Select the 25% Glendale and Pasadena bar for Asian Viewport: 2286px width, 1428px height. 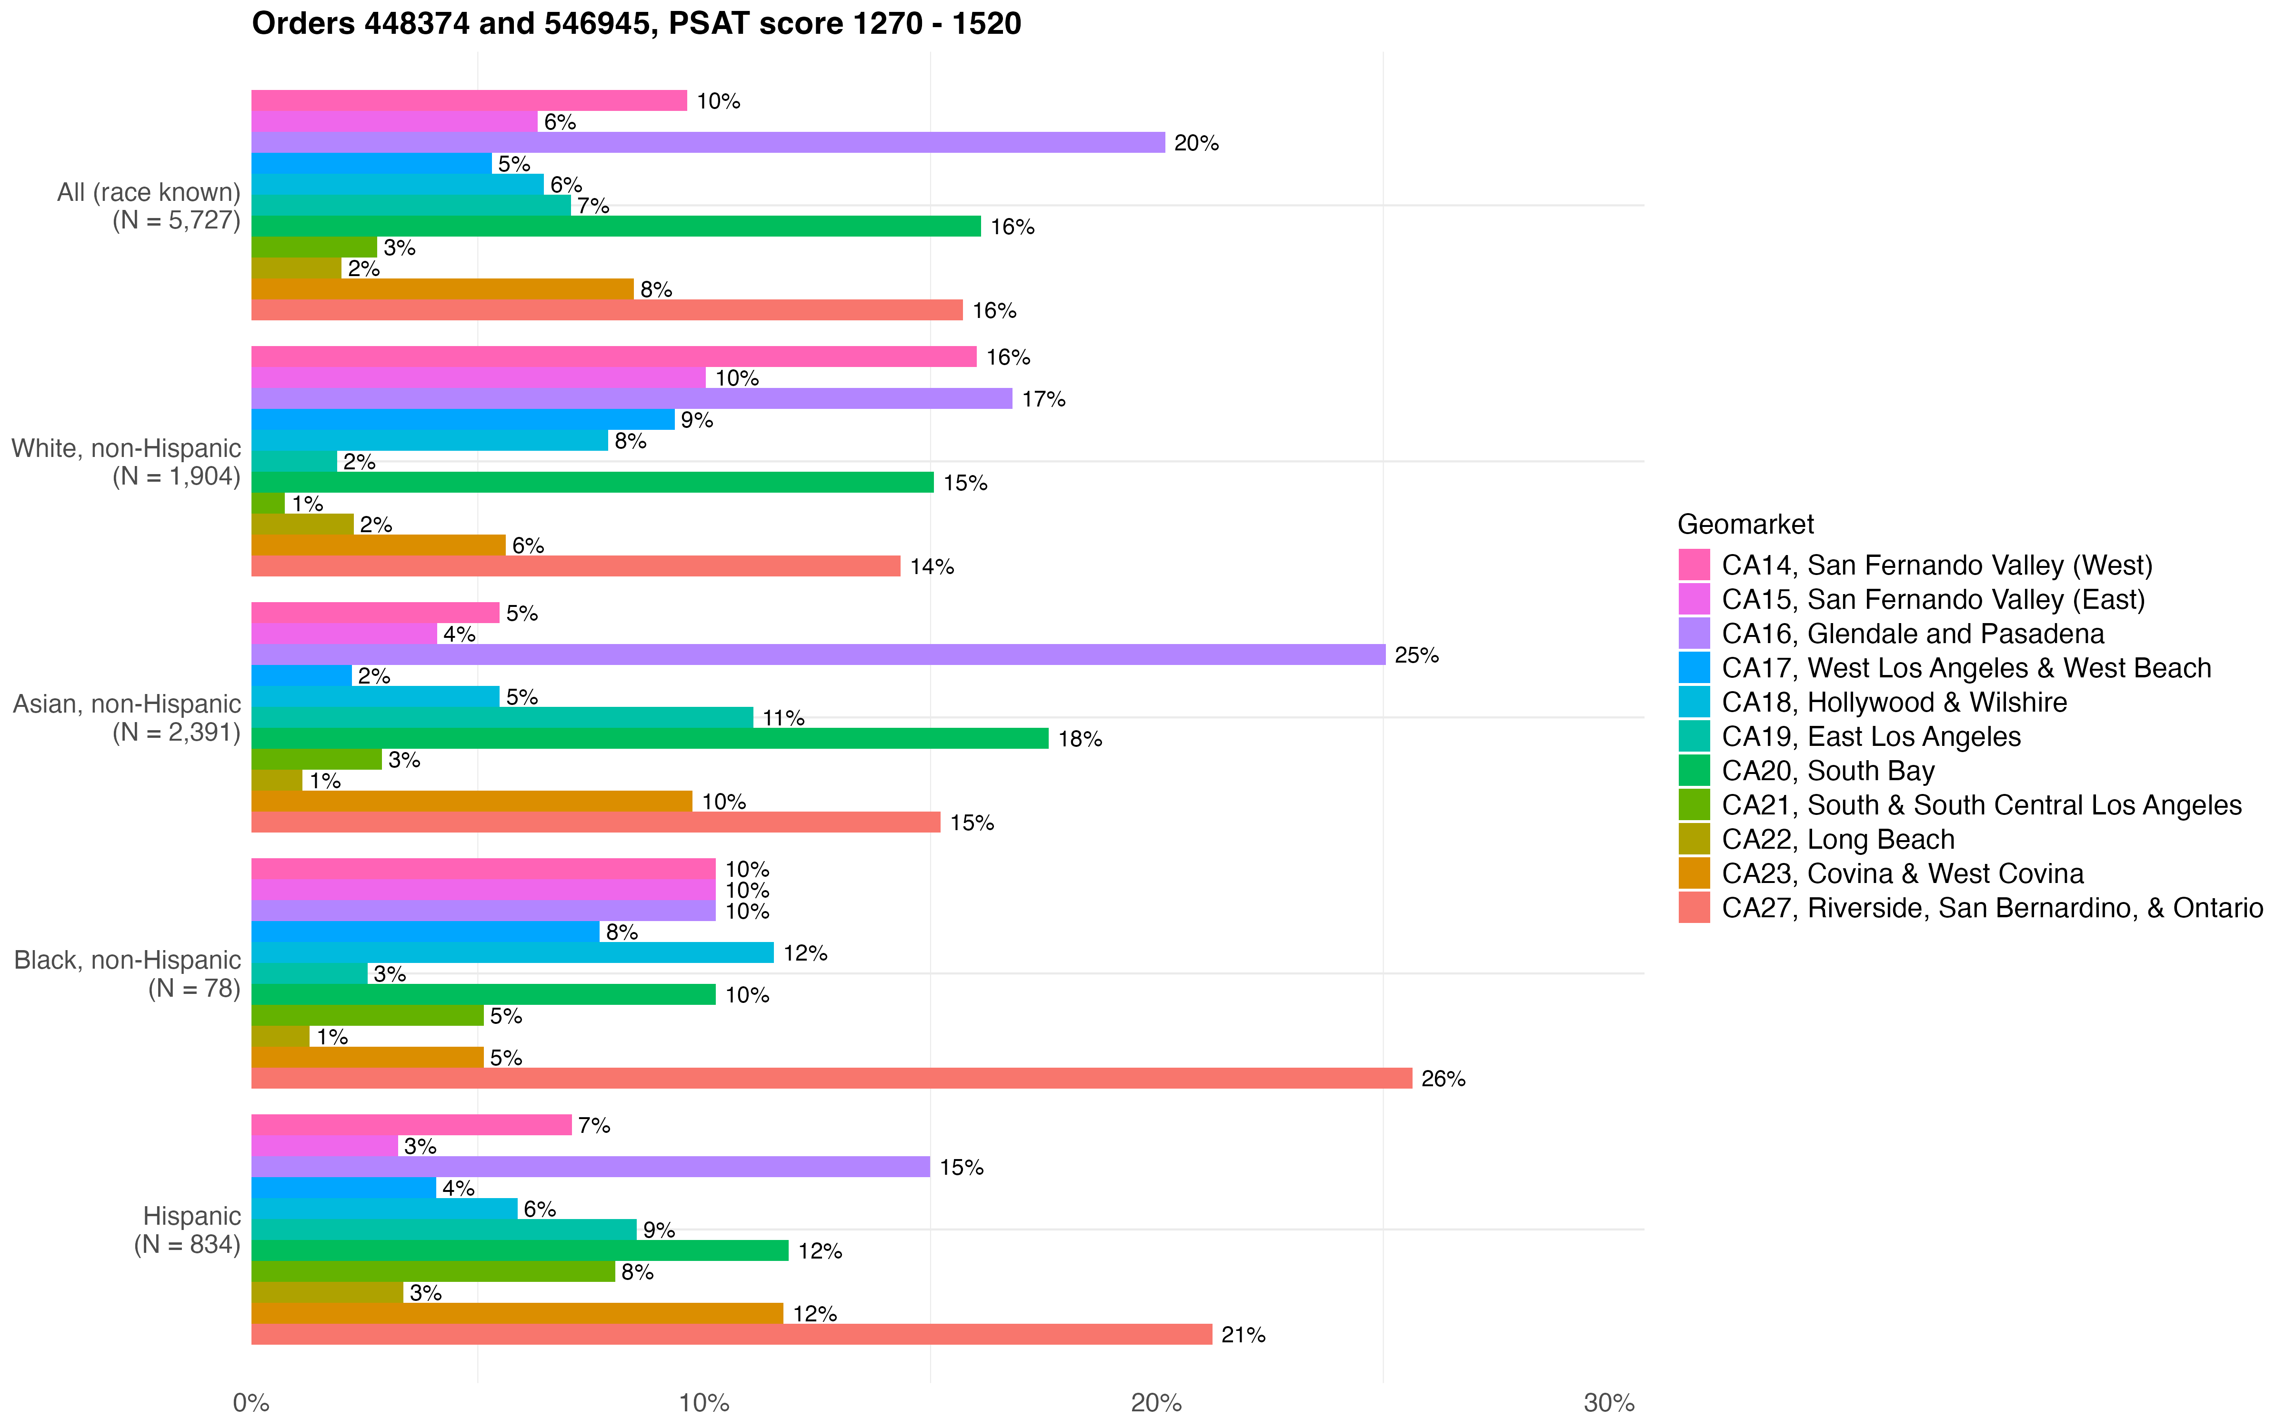pos(818,654)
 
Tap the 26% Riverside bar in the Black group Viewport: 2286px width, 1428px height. pos(831,1078)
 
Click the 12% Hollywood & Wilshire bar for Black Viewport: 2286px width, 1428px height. pos(512,952)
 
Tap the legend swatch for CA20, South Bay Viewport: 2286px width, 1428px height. pos(1694,771)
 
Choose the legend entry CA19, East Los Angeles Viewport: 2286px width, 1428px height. pos(1870,737)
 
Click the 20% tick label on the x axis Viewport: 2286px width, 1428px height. pos(1156,1402)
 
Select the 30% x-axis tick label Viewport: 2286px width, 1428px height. pos(1609,1402)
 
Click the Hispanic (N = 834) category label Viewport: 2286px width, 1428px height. pos(187,1230)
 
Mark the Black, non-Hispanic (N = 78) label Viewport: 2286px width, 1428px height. pos(128,974)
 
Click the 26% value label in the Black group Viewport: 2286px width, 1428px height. pos(1443,1079)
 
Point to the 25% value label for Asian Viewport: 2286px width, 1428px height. pos(1416,655)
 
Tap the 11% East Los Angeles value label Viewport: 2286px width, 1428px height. pos(783,718)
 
